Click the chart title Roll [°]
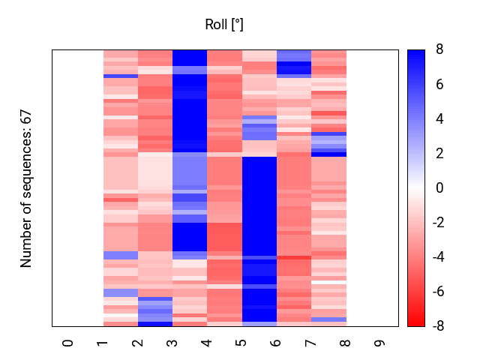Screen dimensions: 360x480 (224, 25)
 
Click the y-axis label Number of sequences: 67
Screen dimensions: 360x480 (26, 188)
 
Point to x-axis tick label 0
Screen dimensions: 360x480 (68, 343)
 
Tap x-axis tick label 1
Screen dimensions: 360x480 (103, 343)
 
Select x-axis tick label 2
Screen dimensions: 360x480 (137, 343)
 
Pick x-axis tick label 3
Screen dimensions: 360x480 (172, 343)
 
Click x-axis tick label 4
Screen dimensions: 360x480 (207, 343)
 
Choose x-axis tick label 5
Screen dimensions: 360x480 (241, 343)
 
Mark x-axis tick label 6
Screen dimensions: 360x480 (276, 343)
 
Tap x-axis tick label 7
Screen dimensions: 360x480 (310, 343)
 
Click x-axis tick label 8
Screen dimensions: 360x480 (345, 343)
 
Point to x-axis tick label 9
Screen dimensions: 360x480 (380, 343)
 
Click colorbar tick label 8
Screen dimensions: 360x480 (439, 50)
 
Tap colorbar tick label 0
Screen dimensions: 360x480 (439, 188)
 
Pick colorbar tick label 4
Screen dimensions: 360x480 (439, 119)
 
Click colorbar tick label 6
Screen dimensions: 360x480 (439, 85)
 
